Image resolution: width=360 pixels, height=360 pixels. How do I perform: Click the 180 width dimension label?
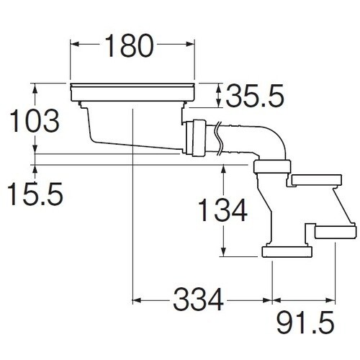point(129,45)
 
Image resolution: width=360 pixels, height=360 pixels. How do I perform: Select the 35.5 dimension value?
point(255,96)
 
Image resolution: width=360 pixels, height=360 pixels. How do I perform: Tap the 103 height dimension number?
point(34,121)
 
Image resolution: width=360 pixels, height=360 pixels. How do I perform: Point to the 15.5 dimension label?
point(35,194)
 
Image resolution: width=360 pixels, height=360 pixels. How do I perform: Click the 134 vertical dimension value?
point(222,210)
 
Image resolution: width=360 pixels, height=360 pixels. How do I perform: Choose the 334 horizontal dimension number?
point(198,300)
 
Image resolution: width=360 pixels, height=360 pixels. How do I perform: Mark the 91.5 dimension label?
point(305,323)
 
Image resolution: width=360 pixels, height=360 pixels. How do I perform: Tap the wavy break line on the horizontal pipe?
point(220,138)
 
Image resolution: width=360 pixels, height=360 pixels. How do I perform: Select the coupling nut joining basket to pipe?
point(196,138)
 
